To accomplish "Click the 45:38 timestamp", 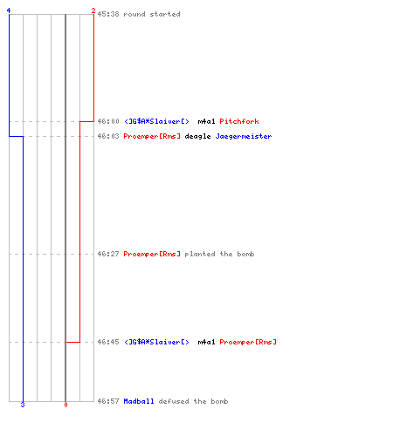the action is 108,14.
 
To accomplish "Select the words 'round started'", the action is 152,14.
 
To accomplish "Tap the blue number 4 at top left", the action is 9,10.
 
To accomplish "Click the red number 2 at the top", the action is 93,10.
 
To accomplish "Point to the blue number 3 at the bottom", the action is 23,405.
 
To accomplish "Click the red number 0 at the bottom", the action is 65,405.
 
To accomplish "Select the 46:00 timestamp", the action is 108,121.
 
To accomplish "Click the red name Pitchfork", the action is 239,121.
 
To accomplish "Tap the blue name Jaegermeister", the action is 244,136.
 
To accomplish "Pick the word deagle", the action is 197,136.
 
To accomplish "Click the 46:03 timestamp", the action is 108,136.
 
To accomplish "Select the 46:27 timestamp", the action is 108,254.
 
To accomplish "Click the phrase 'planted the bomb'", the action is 219,254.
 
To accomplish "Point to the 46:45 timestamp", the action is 108,342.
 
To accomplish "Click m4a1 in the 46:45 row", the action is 206,342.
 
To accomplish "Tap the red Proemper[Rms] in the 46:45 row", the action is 248,342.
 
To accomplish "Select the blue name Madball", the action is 139,401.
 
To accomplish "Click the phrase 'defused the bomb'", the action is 193,401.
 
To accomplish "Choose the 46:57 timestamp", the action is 108,401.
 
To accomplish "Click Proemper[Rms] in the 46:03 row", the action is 152,136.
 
